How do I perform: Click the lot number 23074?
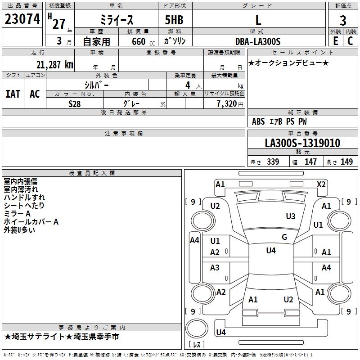[22, 20]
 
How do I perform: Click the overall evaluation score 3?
[343, 20]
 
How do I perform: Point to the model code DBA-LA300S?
[258, 41]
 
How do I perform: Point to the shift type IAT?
[13, 94]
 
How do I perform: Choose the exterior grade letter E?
[335, 41]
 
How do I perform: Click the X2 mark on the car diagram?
[321, 184]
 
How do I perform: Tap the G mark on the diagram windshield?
[284, 237]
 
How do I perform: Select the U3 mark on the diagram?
[291, 216]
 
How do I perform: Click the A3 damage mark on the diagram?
[215, 268]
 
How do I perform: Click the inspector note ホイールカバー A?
[31, 222]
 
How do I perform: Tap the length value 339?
[271, 162]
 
